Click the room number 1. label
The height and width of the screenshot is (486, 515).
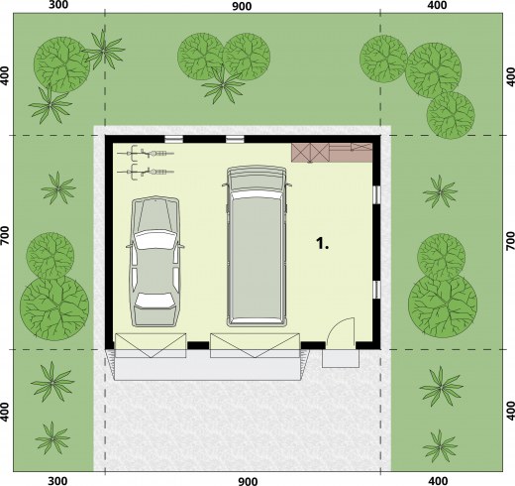coord(322,244)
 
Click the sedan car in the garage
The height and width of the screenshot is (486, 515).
coord(154,262)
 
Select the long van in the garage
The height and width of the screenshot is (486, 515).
coord(257,246)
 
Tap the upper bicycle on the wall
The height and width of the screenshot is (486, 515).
coord(146,153)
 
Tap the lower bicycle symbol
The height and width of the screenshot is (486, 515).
coord(146,172)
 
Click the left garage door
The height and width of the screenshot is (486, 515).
coord(151,345)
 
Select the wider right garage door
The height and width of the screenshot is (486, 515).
coord(256,345)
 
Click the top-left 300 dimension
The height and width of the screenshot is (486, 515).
coord(58,5)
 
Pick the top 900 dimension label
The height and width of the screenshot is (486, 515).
coord(242,6)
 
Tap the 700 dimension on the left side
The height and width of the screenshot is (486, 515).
coord(5,236)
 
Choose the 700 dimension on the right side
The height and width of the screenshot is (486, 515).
coord(510,240)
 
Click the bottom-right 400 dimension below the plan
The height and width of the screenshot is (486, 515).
coord(438,480)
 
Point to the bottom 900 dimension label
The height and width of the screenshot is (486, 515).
coord(248,480)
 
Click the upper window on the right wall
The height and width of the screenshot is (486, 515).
coord(376,194)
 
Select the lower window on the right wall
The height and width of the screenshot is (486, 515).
coord(376,290)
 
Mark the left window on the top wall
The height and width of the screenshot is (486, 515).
coord(173,139)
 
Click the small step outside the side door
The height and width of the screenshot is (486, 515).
coord(341,358)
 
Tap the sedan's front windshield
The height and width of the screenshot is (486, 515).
coord(154,239)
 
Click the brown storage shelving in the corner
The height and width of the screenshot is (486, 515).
coord(332,153)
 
